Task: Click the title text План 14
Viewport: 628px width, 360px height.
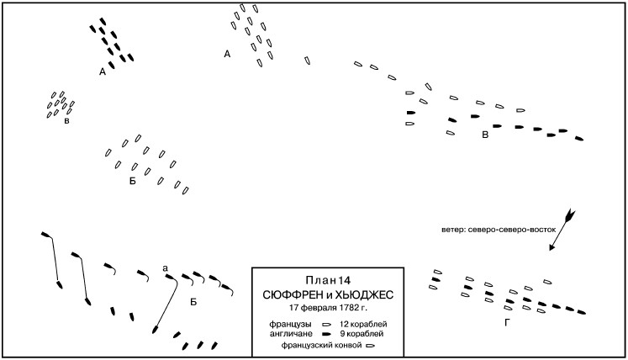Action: pos(328,280)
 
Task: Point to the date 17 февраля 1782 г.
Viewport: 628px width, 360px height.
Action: pos(328,309)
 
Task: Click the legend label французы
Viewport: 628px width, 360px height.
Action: pos(290,325)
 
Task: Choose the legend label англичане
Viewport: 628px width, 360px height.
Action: pos(290,334)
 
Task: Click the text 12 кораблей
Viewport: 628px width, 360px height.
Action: pos(363,325)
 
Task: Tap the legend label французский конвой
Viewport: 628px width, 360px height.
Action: pos(322,345)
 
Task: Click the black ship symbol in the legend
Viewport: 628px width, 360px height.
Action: pos(327,334)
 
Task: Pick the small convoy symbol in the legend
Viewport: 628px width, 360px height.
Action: pos(371,346)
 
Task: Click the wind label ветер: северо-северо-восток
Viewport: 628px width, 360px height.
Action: pos(499,230)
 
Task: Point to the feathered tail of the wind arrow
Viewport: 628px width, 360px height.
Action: pos(570,214)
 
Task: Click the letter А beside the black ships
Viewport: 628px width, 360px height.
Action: pos(103,72)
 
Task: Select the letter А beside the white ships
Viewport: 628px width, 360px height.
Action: pos(227,54)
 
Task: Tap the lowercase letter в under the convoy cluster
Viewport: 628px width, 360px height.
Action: pos(66,121)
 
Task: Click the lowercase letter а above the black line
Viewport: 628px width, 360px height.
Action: pos(165,268)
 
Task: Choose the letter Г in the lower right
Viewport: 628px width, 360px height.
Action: pos(507,323)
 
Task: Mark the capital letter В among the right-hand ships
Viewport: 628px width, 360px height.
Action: pos(485,135)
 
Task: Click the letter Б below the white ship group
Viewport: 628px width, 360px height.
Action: pos(133,182)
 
